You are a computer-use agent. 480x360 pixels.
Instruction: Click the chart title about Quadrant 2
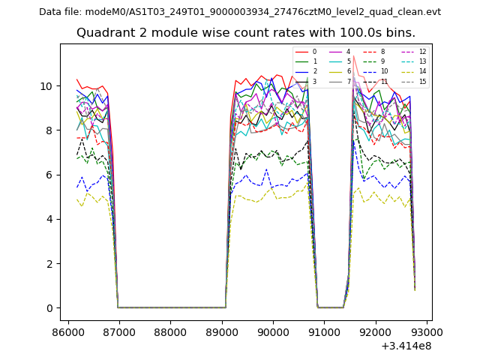pos(245,33)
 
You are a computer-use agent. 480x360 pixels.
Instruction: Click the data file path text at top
pos(240,12)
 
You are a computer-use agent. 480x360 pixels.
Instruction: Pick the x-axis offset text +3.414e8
pos(406,346)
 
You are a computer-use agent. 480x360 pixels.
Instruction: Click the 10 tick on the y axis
pos(46,86)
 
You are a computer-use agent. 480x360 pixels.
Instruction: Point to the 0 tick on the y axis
pos(49,308)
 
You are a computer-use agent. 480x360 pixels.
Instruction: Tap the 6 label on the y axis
pos(49,175)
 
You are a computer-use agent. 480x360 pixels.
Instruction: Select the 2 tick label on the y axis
pos(49,264)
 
